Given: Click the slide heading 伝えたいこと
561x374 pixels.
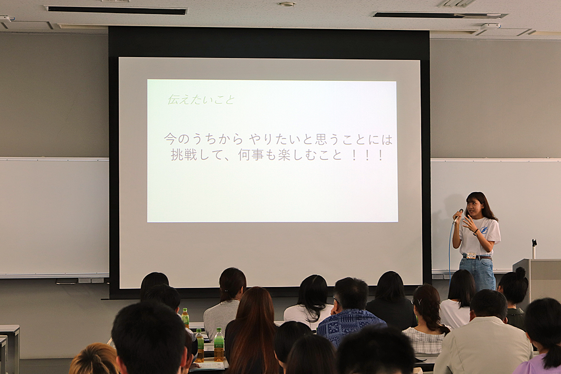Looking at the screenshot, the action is tap(201, 100).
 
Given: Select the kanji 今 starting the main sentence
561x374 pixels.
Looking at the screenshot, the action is tap(171, 139).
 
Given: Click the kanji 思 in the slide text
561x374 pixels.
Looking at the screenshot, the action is tap(321, 139).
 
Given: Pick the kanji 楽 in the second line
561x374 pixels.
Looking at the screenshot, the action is tap(285, 155).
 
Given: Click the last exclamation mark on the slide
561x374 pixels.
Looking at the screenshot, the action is tap(381, 156).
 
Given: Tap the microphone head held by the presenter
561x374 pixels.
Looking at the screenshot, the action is tap(460, 211).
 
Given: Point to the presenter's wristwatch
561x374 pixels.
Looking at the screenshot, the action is tap(475, 232).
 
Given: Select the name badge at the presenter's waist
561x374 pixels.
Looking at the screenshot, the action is tap(471, 255).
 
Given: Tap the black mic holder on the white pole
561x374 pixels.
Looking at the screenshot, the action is tap(534, 243).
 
